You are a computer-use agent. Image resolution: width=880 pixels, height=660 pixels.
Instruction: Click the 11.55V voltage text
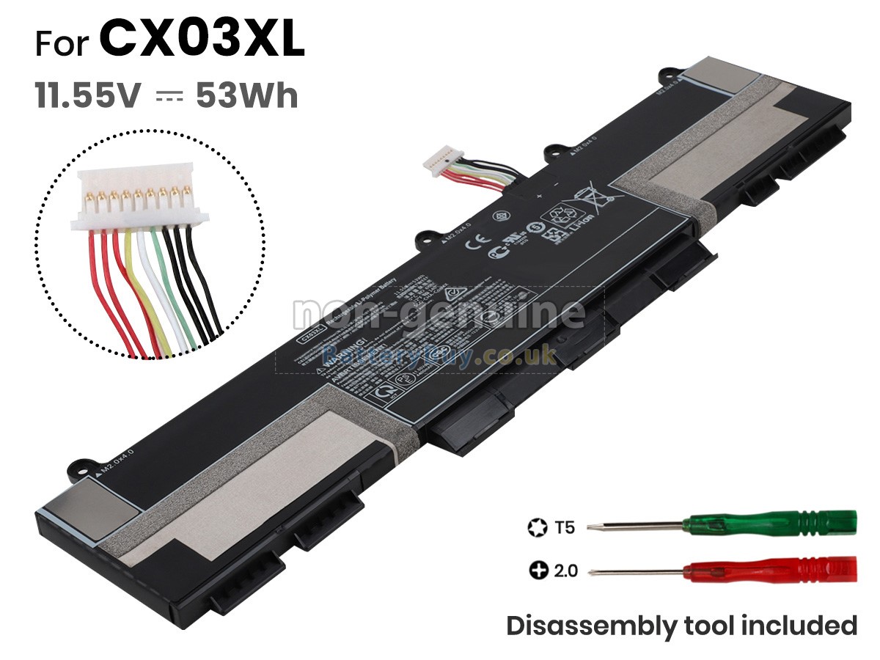pos(86,96)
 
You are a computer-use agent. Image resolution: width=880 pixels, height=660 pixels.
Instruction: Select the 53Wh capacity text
pos(247,96)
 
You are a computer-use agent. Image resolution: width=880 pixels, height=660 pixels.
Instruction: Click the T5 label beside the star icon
pos(565,527)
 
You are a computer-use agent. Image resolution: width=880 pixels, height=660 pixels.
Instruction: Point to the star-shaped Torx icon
pos(537,527)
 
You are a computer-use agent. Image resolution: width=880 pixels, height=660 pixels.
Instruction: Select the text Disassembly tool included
pos(682,626)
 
